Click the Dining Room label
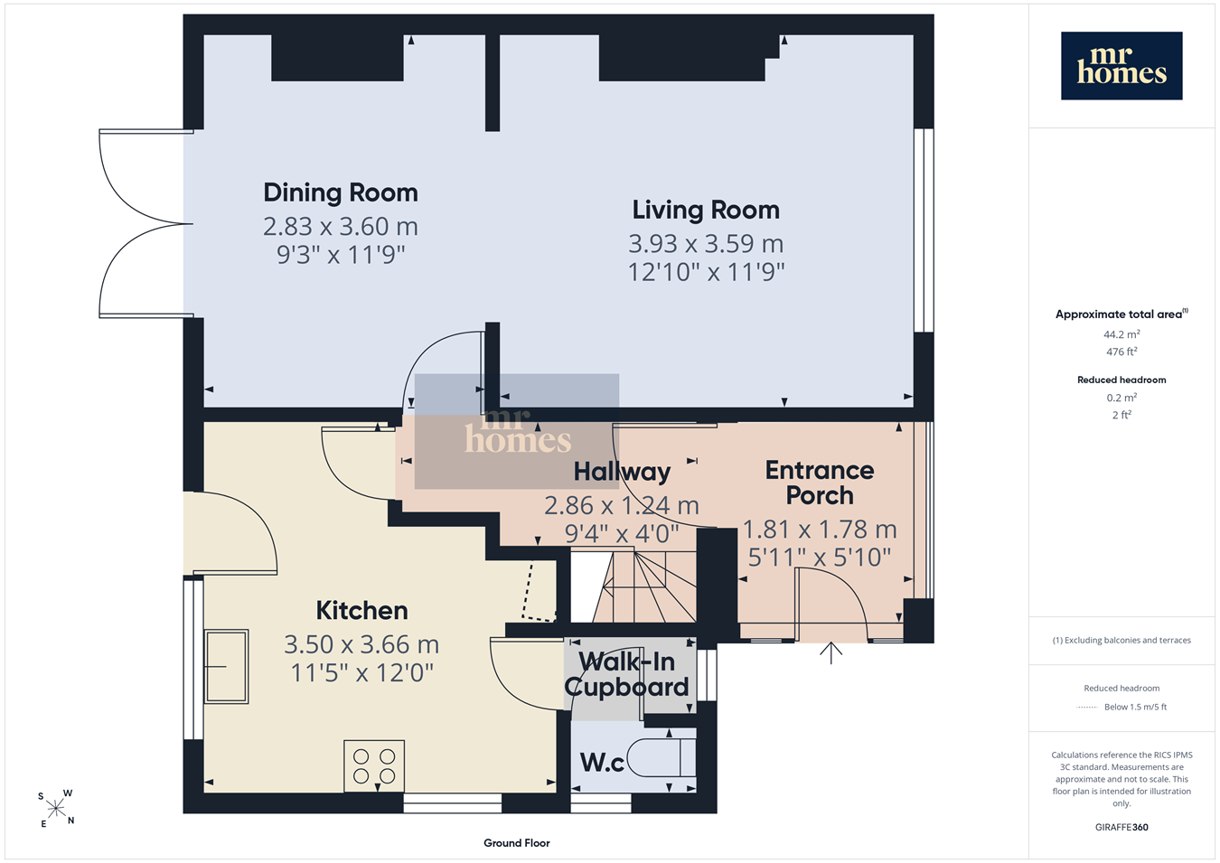(341, 192)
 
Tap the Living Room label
(706, 211)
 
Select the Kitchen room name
(361, 610)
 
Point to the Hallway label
(622, 472)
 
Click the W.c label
(602, 763)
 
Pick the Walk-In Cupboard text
(626, 674)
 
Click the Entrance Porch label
(820, 483)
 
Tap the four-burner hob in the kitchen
(374, 765)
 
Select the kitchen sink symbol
(226, 666)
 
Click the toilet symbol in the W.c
(662, 757)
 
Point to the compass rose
(55, 809)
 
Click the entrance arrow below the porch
(831, 652)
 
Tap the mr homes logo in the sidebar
(1121, 66)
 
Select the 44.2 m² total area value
(1121, 334)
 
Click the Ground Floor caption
(516, 843)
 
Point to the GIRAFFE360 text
(1121, 827)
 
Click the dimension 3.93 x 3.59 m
(706, 243)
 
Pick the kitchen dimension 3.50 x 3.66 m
(361, 644)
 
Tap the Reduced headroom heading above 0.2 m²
(1121, 380)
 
